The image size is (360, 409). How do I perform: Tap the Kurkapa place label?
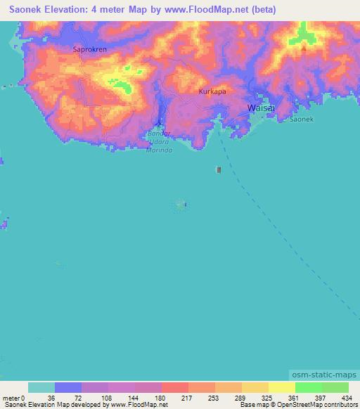coord(212,92)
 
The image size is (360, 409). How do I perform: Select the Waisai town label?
coord(259,108)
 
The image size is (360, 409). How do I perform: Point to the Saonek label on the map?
coord(302,120)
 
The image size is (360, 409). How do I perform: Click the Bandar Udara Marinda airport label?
coord(159,141)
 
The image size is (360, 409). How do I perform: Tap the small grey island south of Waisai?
coord(219,169)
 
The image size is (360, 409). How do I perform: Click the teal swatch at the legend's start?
coord(41,387)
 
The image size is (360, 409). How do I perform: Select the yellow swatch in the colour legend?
coord(282,387)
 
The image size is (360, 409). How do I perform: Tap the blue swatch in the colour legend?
coord(68,387)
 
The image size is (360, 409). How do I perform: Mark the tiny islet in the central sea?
coord(181,204)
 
